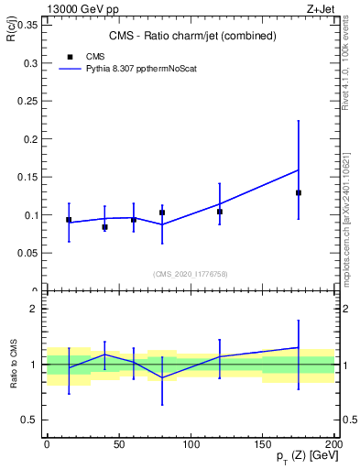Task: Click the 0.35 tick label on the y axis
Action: [x=25, y=25]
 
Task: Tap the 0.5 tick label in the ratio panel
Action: [x=28, y=420]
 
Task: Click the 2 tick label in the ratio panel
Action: [x=34, y=310]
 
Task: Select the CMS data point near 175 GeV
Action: [x=299, y=192]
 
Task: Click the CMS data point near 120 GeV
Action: [x=220, y=212]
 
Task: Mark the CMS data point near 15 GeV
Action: [x=69, y=220]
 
